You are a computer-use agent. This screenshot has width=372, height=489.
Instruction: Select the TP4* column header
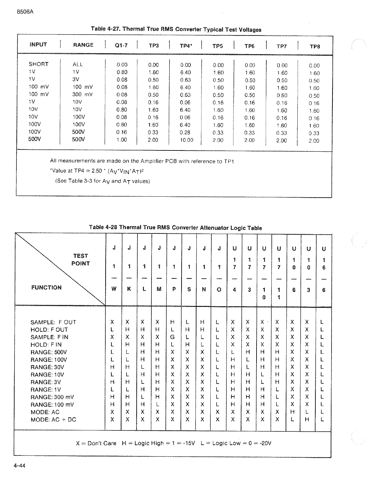click(186, 46)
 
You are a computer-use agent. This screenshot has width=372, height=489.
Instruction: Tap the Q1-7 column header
click(121, 46)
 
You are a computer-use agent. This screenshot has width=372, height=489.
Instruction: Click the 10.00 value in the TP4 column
click(186, 140)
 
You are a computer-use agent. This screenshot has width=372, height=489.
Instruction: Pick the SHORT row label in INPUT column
click(39, 64)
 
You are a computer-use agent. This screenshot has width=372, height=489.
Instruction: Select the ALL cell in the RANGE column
click(77, 64)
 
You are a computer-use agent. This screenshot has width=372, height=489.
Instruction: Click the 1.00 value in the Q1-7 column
click(122, 140)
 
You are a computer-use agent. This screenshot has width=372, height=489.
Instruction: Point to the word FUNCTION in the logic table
click(46, 288)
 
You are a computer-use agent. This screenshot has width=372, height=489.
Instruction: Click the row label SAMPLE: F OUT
click(53, 322)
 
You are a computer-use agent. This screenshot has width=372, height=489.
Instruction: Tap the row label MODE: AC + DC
click(53, 420)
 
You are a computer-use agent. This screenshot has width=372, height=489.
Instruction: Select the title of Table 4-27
click(176, 29)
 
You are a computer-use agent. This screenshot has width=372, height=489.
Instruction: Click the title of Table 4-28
click(175, 227)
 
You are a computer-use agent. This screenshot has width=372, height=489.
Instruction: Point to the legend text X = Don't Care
click(96, 443)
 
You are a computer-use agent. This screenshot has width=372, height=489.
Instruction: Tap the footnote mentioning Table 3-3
click(102, 181)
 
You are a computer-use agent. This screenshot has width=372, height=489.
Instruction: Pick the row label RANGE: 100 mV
click(52, 404)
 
